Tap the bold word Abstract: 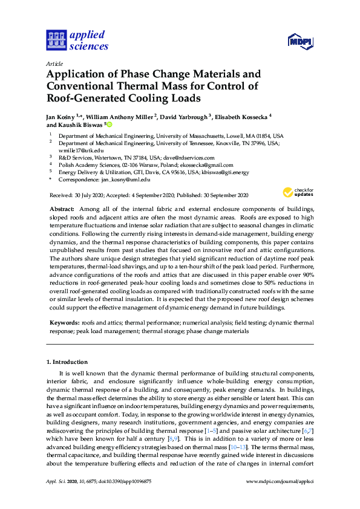[62, 209]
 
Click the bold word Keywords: [64, 324]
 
